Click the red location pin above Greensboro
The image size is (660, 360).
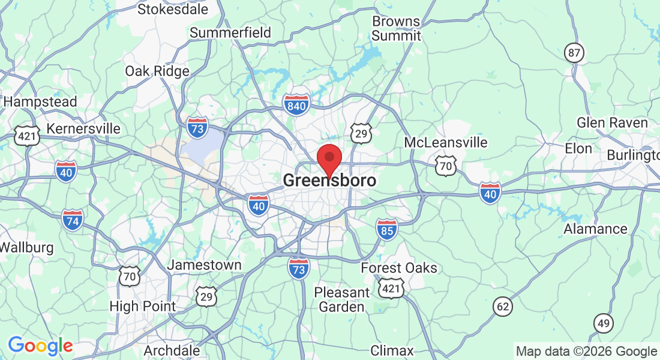(329, 158)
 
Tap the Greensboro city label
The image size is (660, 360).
(329, 180)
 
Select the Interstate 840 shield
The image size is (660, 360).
(297, 105)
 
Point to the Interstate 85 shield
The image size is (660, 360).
(387, 229)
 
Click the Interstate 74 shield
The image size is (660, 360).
(73, 220)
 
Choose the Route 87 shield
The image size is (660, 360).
(575, 53)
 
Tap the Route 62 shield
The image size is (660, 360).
(503, 307)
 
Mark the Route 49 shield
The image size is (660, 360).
(604, 323)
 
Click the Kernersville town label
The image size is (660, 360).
(83, 129)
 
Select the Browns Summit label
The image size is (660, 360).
(396, 28)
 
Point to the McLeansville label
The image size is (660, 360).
(445, 143)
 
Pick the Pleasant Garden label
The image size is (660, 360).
(342, 299)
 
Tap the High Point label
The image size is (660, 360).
(143, 306)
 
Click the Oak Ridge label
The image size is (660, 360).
(157, 71)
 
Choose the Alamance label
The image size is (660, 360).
(595, 229)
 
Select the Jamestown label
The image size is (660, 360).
(204, 265)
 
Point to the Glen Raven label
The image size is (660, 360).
(612, 122)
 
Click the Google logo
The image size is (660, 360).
(40, 346)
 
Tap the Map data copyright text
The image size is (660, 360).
(587, 351)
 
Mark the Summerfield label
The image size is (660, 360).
(230, 32)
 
